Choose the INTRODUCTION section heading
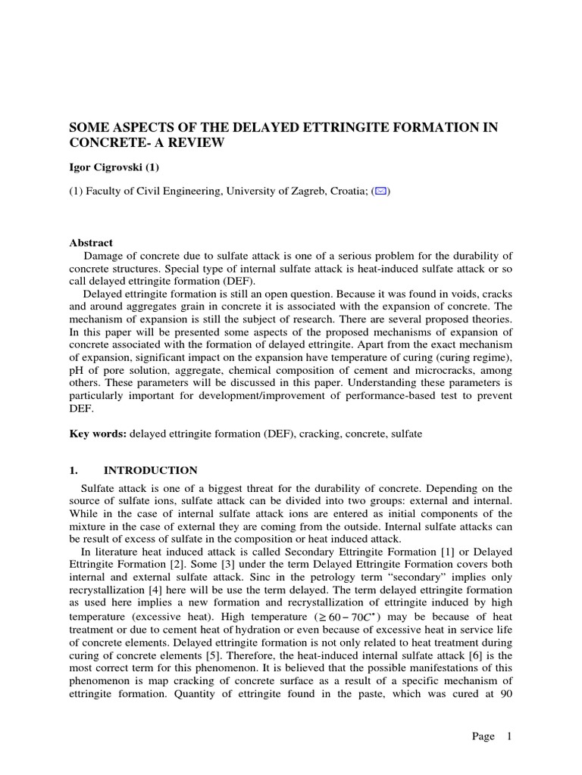(150, 470)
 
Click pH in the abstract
(77, 370)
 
